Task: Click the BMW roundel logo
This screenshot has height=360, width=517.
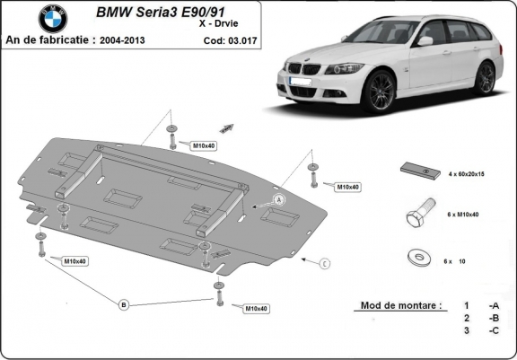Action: coord(53,18)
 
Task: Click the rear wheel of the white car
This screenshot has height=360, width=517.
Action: coord(485,77)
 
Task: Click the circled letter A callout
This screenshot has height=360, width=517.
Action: coord(279,198)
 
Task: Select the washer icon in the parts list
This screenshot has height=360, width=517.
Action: coord(416,258)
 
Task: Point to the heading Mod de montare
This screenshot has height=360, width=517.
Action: coord(400,305)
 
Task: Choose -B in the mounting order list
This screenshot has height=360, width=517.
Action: coord(493,318)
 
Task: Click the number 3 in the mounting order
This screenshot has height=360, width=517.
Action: coord(466,330)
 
